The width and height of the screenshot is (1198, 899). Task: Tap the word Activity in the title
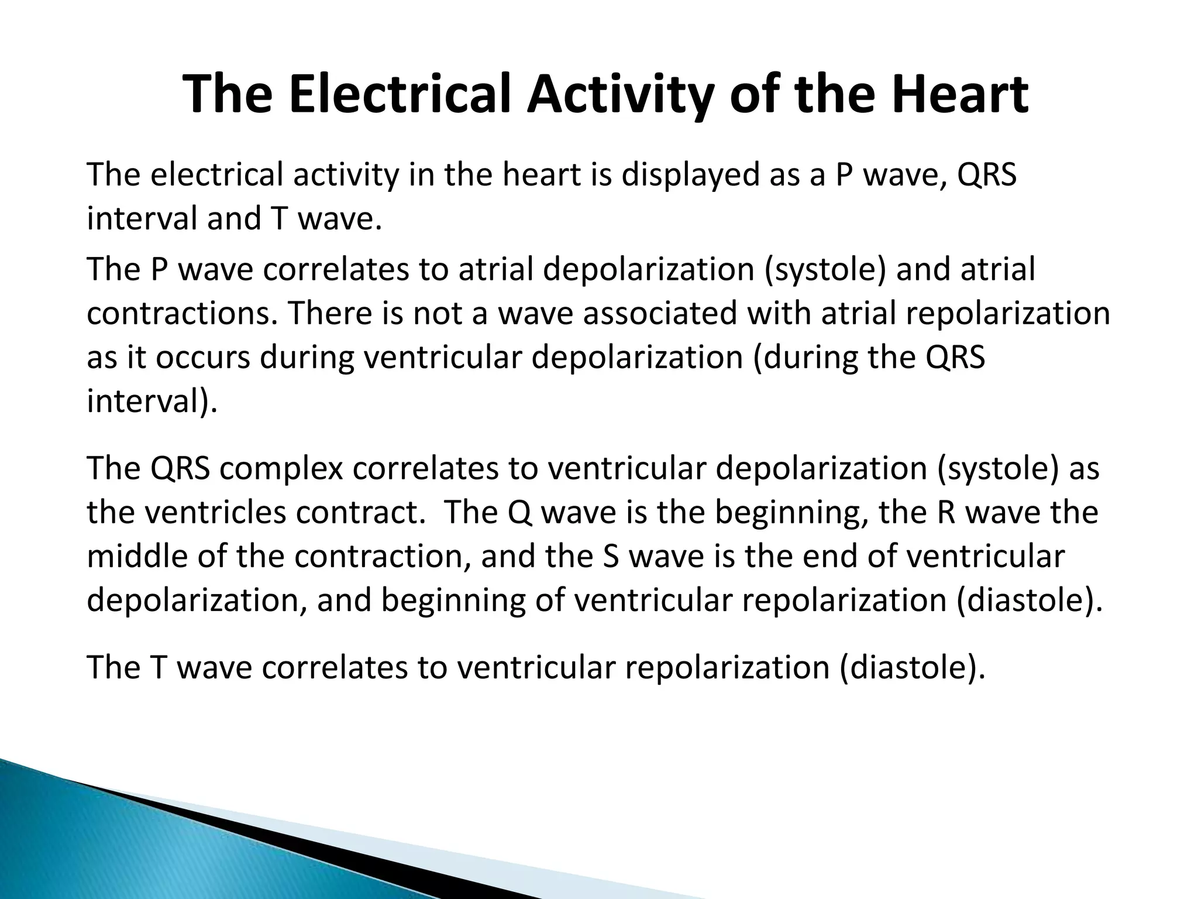point(619,95)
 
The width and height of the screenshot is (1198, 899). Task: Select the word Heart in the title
point(959,95)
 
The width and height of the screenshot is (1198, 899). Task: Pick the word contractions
point(181,313)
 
